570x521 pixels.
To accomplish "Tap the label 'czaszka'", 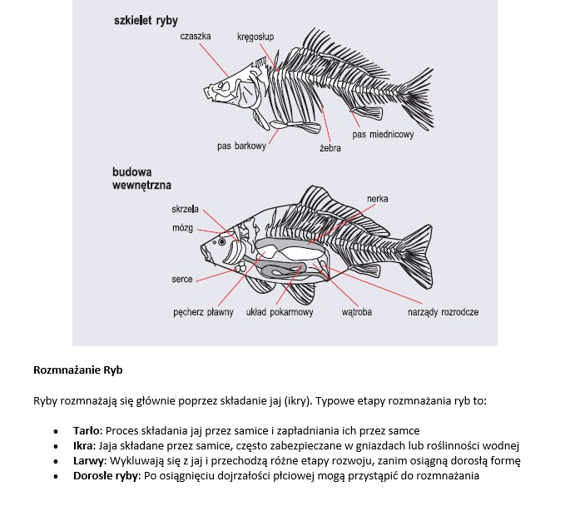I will pyautogui.click(x=196, y=37).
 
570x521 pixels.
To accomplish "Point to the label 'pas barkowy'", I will pyautogui.click(x=241, y=146).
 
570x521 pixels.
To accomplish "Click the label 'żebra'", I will pyautogui.click(x=330, y=149).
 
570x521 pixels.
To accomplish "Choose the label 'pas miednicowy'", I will pyautogui.click(x=383, y=135).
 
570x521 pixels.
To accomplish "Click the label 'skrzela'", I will pyautogui.click(x=185, y=209).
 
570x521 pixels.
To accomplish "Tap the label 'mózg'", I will pyautogui.click(x=182, y=227).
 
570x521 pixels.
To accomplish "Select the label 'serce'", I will pyautogui.click(x=182, y=280).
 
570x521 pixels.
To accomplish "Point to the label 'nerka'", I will pyautogui.click(x=377, y=199).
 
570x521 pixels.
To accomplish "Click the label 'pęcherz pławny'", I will pyautogui.click(x=204, y=313).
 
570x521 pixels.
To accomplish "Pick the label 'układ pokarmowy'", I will pyautogui.click(x=280, y=313).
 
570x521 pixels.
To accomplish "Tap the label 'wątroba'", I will pyautogui.click(x=356, y=313).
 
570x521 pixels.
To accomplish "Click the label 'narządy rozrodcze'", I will pyautogui.click(x=443, y=313).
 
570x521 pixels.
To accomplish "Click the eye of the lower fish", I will pyautogui.click(x=221, y=241).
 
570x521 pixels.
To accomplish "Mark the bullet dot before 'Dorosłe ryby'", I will pyautogui.click(x=55, y=477).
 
